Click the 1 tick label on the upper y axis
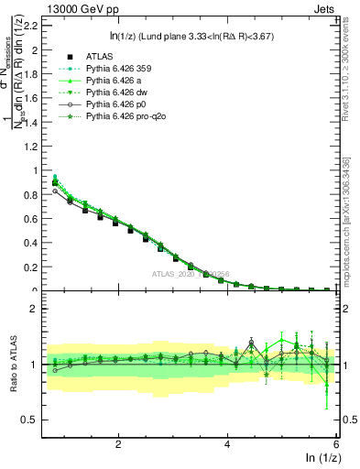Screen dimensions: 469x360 (x=37, y=170)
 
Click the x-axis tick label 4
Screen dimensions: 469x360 (x=227, y=444)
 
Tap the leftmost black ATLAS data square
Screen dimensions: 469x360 (x=55, y=182)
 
